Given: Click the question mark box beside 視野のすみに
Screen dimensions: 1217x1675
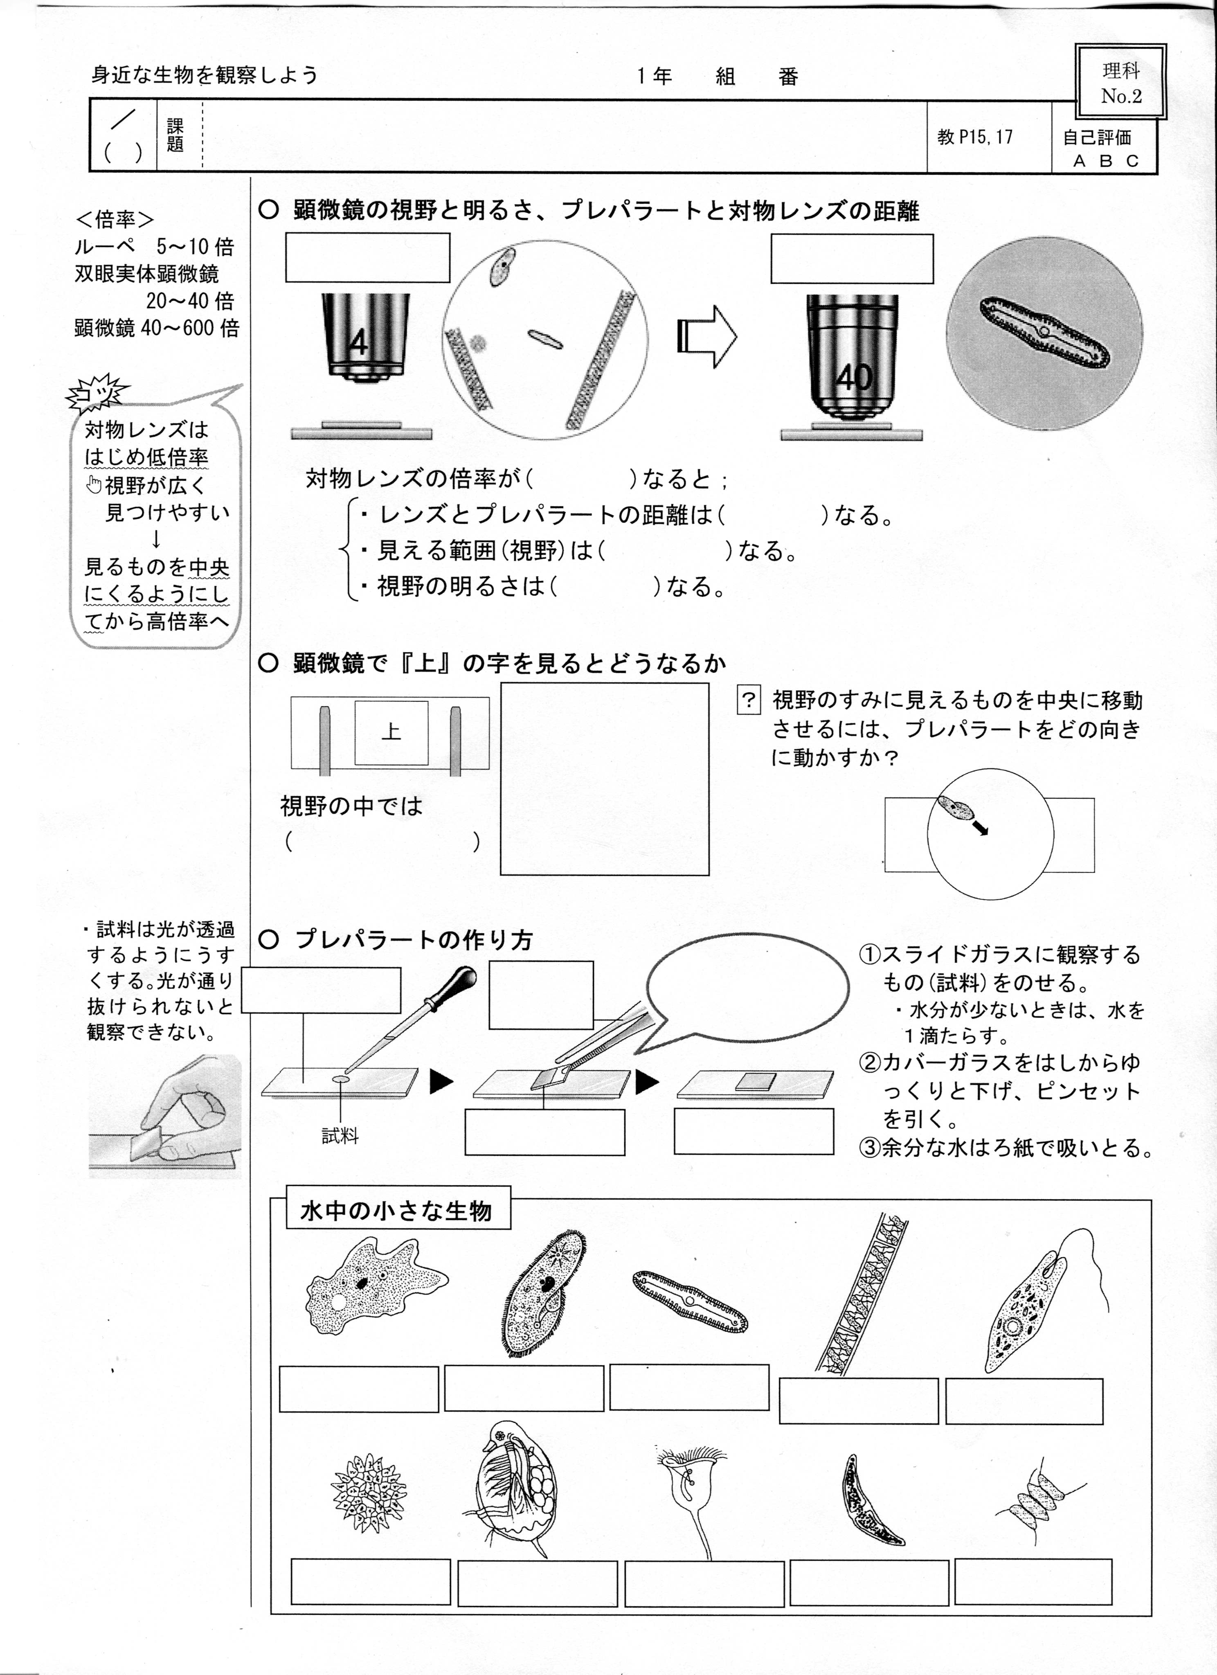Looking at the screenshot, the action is click(x=749, y=699).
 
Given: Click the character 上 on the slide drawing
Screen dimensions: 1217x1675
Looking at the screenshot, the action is click(x=391, y=731).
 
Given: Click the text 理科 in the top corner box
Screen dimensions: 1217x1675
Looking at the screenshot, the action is click(x=1121, y=71).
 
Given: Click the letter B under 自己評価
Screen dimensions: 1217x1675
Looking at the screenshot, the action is click(x=1105, y=160).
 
